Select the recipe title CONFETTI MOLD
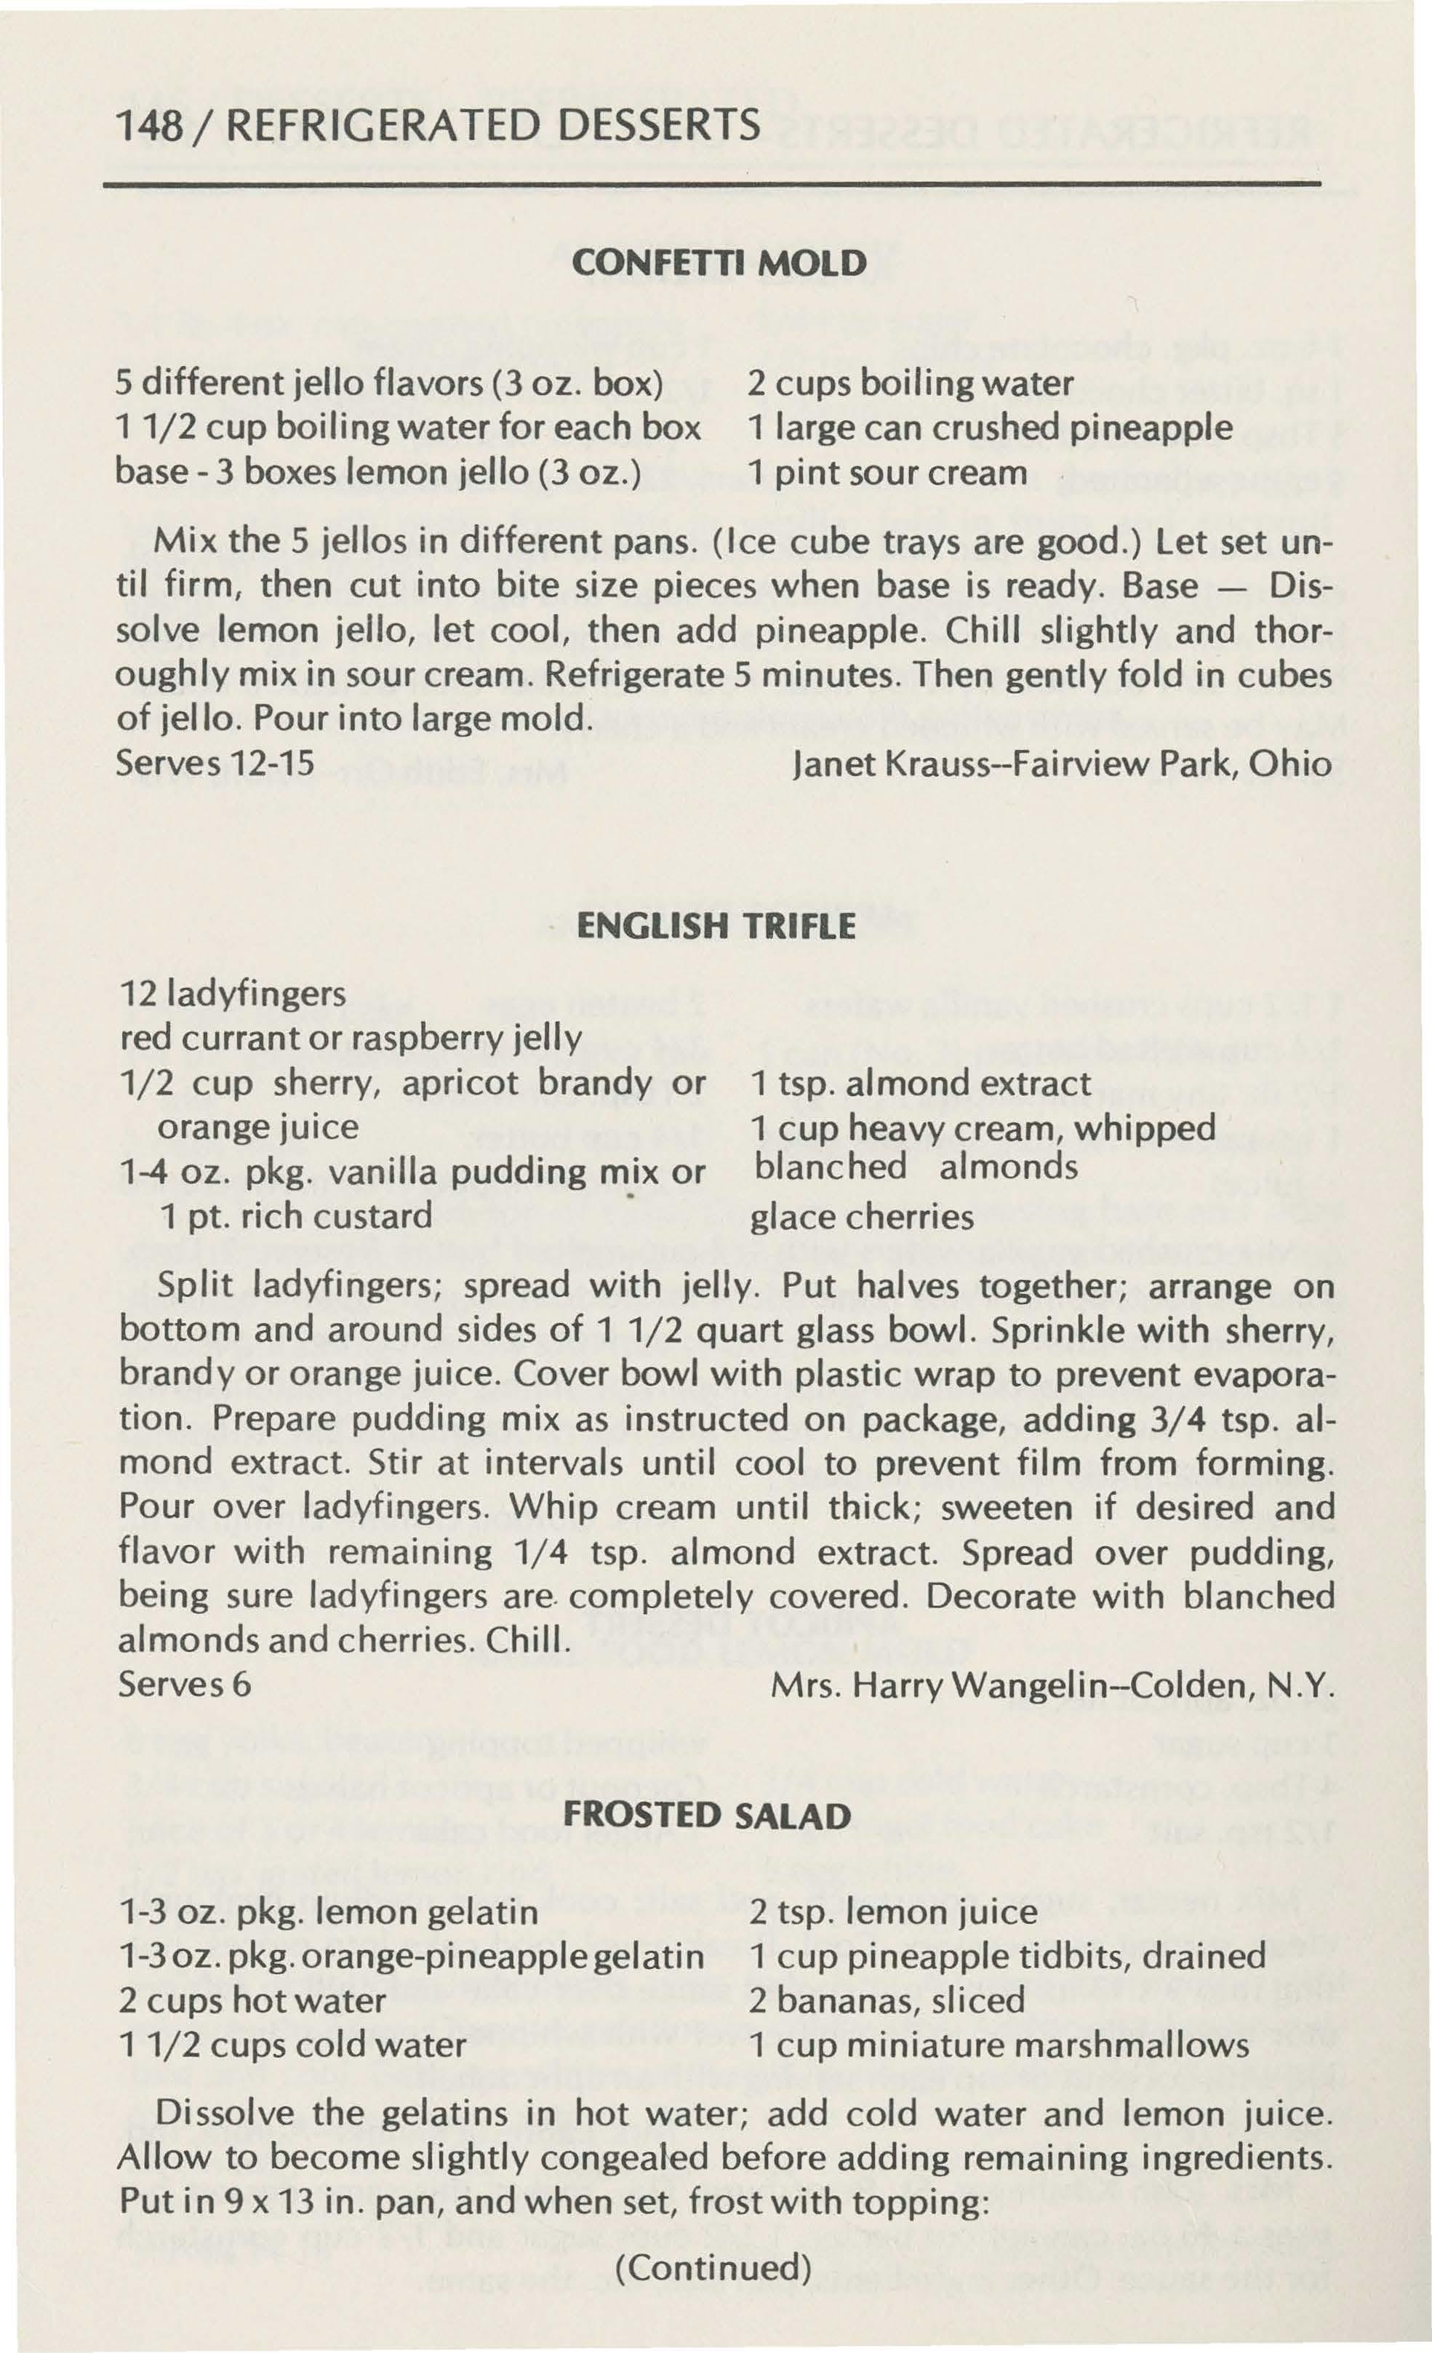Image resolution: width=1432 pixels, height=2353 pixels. click(718, 263)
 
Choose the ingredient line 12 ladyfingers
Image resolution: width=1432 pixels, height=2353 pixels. click(233, 994)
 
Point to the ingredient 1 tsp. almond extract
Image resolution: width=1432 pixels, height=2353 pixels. click(920, 1083)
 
